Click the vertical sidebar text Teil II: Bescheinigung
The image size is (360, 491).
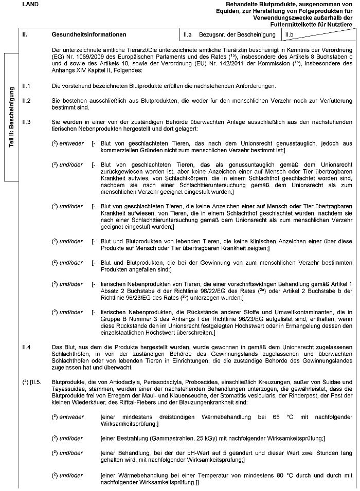coord(11,118)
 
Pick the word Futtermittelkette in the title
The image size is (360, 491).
coord(292,24)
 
